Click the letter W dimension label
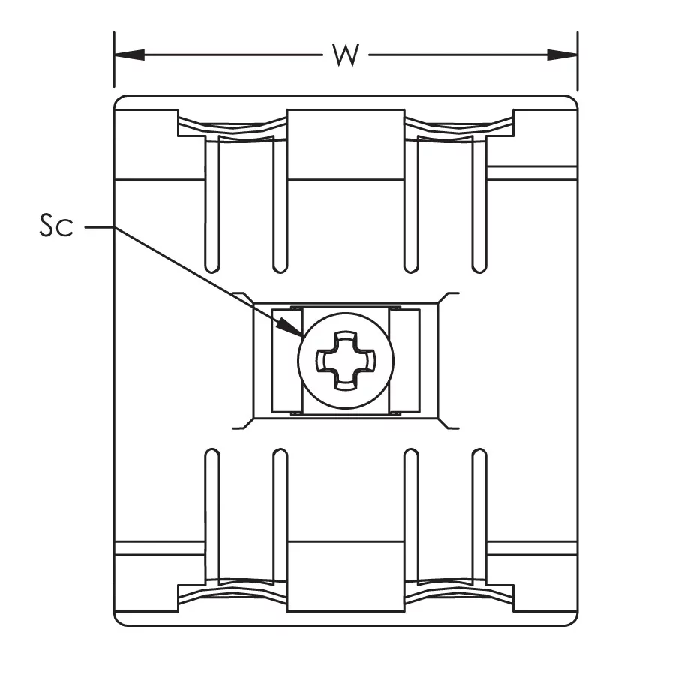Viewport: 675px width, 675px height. pos(346,55)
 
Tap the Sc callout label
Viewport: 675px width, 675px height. pos(56,225)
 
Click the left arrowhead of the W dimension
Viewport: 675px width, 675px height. pos(129,55)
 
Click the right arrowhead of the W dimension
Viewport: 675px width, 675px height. pos(562,55)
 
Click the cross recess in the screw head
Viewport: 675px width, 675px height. pos(346,361)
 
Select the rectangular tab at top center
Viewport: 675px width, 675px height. pos(346,144)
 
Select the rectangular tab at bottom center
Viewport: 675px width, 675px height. pos(346,577)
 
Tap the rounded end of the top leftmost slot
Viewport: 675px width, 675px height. pos(212,267)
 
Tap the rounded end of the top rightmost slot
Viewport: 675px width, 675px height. pos(479,267)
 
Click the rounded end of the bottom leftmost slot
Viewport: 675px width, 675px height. pos(212,454)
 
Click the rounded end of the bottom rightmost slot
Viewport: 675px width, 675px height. pos(479,454)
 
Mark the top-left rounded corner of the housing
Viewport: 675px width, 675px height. pos(117,99)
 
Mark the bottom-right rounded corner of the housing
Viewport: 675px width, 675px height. pos(574,622)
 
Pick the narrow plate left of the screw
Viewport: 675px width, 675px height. pos(287,360)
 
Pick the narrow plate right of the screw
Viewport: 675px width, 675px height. pos(404,360)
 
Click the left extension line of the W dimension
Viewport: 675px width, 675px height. pos(114,59)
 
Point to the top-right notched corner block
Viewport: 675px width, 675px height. pos(545,123)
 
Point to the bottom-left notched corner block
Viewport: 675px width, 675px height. pos(146,598)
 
